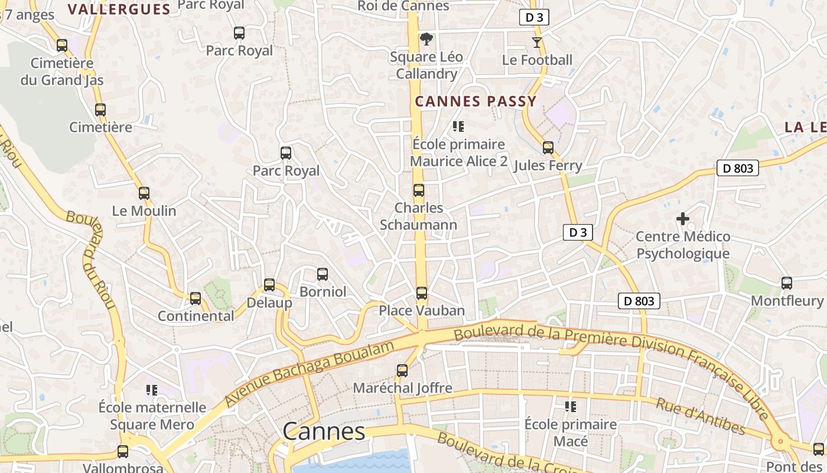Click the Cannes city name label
(324, 432)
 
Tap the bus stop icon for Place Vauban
(421, 293)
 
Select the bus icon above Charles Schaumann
(419, 190)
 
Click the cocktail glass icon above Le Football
(536, 43)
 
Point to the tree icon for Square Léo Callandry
(426, 40)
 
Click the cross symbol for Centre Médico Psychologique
(683, 219)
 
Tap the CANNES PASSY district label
(476, 101)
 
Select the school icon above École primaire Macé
(571, 407)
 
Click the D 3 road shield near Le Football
(534, 17)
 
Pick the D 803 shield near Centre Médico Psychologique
(738, 168)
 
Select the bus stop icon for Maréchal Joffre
(402, 371)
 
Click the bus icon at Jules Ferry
(548, 148)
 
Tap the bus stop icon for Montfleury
(787, 283)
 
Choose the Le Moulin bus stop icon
(144, 193)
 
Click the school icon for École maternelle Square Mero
(152, 390)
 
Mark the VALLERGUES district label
(119, 9)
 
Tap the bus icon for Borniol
(323, 274)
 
